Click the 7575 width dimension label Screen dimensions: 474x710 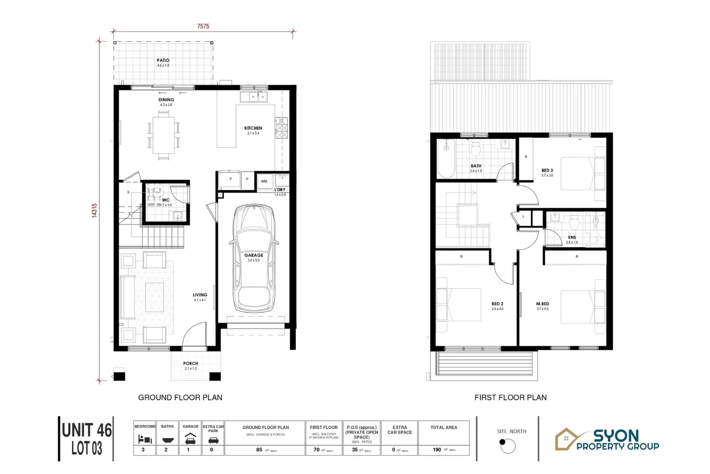pyautogui.click(x=203, y=26)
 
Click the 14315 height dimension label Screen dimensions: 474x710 pyautogui.click(x=95, y=210)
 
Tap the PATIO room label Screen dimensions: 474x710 pyautogui.click(x=163, y=61)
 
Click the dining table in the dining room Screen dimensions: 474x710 pyautogui.click(x=163, y=135)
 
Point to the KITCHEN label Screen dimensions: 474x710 pyautogui.click(x=253, y=128)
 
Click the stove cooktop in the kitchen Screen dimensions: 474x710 pyautogui.click(x=281, y=127)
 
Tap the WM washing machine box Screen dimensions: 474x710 pyautogui.click(x=264, y=181)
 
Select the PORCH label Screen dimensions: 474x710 pyautogui.click(x=191, y=363)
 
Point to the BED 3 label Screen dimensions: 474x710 pyautogui.click(x=547, y=170)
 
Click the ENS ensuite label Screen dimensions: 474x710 pyautogui.click(x=572, y=237)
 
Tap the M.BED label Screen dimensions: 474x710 pyautogui.click(x=543, y=304)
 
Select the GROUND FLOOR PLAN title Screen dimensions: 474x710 pyautogui.click(x=180, y=398)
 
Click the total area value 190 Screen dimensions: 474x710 pyautogui.click(x=437, y=450)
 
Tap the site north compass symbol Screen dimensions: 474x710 pyautogui.click(x=508, y=446)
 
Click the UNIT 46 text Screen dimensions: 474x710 pyautogui.click(x=87, y=431)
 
